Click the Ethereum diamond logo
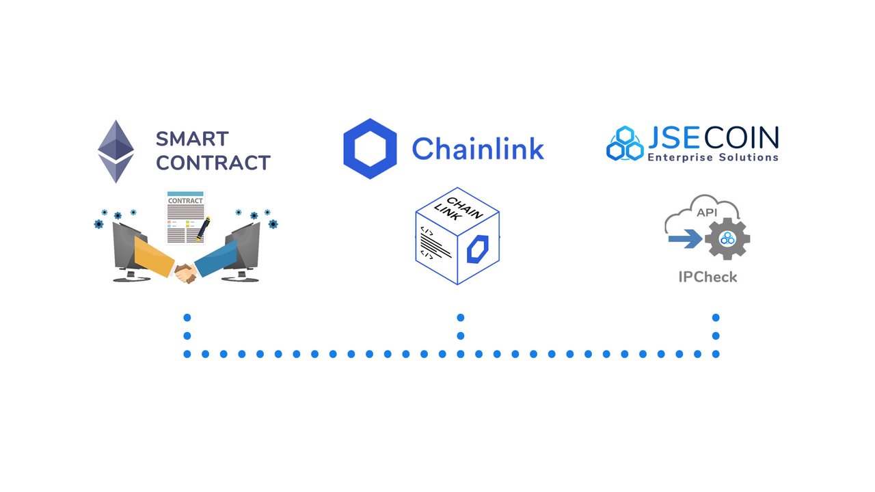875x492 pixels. [116, 152]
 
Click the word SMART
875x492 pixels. [192, 139]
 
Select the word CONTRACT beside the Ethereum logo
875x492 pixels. [213, 163]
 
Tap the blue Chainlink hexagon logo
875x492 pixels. [370, 148]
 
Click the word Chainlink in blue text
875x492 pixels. [478, 148]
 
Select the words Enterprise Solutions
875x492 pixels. [712, 158]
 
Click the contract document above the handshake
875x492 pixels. [184, 217]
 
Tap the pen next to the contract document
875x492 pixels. [202, 230]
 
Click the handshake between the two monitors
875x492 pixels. [185, 273]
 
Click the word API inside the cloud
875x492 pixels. [707, 213]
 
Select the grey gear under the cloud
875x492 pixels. [727, 238]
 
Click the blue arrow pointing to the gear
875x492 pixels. [685, 238]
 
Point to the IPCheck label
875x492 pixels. [708, 277]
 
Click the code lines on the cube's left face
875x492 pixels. [435, 245]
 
